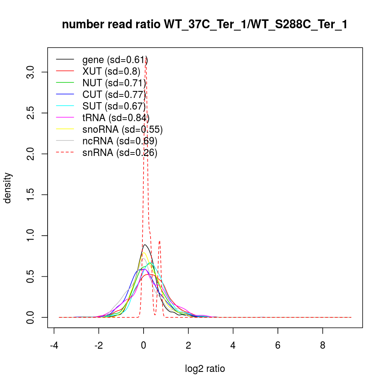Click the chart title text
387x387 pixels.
[205, 25]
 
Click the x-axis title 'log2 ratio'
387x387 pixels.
[205, 369]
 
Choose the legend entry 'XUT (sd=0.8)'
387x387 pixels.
[111, 71]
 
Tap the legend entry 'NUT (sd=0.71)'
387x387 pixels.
[114, 83]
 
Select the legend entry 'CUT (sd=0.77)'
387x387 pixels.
[114, 94]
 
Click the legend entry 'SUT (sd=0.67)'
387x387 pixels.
[114, 106]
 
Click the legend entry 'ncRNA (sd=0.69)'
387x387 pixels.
[120, 141]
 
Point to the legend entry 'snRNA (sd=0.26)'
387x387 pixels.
[120, 152]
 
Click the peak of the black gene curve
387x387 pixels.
[145, 245]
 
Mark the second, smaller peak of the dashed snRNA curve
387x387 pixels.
[159, 241]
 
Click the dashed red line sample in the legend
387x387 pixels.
[65, 152]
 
